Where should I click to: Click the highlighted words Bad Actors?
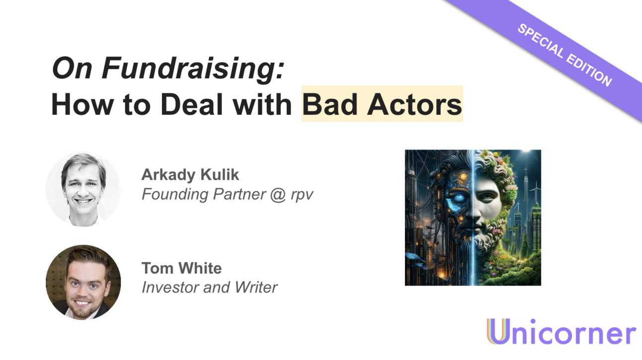click(x=382, y=104)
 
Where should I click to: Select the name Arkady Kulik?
click(x=190, y=175)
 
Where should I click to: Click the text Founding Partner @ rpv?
click(x=227, y=194)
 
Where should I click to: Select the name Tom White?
click(x=181, y=268)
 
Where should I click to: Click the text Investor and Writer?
click(x=209, y=287)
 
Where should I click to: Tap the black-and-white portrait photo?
click(x=83, y=189)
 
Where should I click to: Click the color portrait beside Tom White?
click(x=83, y=282)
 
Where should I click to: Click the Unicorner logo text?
click(x=562, y=332)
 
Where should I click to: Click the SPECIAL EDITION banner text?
click(x=564, y=55)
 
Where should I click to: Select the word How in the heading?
click(x=75, y=104)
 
